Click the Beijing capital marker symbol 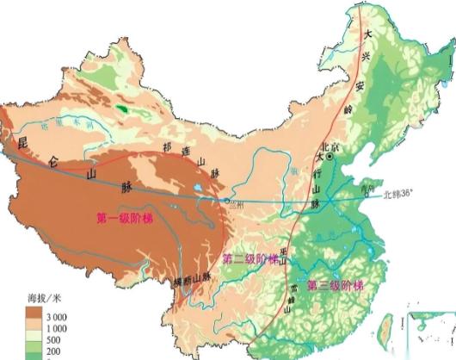pyautogui.click(x=330, y=159)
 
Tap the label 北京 pyautogui.click(x=330, y=146)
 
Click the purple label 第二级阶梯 pyautogui.click(x=250, y=259)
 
